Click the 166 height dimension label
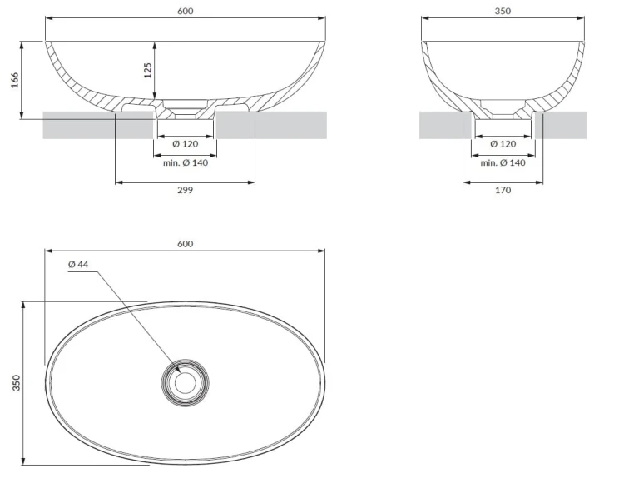pos(15,80)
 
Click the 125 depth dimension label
pos(147,70)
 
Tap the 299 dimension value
pos(185,190)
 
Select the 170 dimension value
pos(503,190)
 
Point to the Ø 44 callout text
pos(78,265)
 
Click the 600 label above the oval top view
pos(185,244)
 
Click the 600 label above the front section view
pos(185,11)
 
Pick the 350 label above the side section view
pos(503,11)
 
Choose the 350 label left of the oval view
pos(16,383)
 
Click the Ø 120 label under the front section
pos(185,144)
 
